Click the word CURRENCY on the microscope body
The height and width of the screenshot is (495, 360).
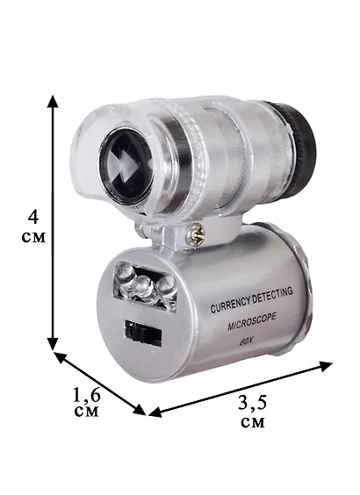coord(231,305)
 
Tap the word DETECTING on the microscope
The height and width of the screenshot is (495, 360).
coord(273,295)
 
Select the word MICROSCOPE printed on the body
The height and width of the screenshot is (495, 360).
coord(252,322)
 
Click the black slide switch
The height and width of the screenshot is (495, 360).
coord(143,332)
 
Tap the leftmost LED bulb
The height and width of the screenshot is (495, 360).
coord(125,272)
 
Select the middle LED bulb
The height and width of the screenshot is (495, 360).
coord(143,285)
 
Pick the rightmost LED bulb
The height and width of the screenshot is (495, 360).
coord(166,286)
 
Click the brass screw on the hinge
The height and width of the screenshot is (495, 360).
coord(195,234)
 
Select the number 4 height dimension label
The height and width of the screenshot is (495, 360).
coord(33,216)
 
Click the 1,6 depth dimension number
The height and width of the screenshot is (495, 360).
coord(87,395)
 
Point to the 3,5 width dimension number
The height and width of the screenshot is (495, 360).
coord(253,403)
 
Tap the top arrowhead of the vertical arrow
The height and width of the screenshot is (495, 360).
coord(53,101)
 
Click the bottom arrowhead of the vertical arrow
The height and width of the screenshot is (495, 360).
coord(53,344)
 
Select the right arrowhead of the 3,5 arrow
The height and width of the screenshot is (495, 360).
coord(326,366)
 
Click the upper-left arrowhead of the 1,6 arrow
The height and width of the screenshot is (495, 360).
coord(61,357)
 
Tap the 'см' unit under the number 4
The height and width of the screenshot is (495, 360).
coord(33,237)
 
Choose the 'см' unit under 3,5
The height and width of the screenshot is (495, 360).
coord(253,422)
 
